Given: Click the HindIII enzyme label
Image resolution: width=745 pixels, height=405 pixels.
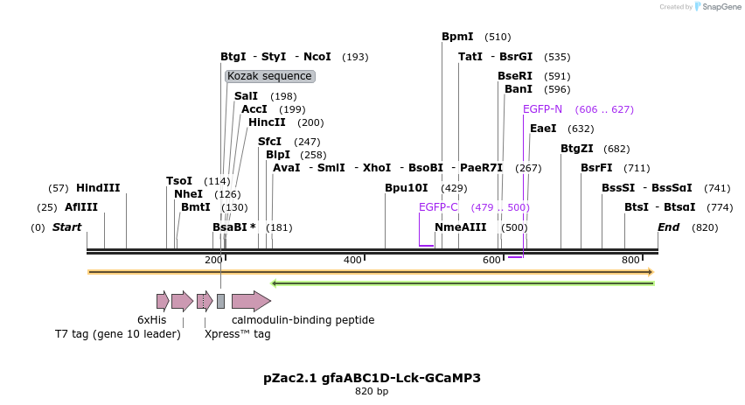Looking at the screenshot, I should [98, 188].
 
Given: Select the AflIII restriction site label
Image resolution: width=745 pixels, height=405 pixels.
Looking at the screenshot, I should [81, 207].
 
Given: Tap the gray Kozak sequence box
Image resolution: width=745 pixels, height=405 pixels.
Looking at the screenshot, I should [269, 77].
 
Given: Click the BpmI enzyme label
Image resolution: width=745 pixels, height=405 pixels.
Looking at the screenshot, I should [457, 37].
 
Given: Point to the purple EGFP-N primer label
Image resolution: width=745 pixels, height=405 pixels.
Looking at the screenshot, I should [542, 109].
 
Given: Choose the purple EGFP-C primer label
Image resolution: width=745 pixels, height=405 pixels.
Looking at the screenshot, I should [438, 207].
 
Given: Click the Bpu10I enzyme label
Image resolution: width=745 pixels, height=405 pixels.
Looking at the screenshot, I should [407, 188].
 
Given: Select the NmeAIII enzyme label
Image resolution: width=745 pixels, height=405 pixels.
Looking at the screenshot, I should [460, 227].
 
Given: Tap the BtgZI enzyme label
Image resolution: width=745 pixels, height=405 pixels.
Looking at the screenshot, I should [577, 149].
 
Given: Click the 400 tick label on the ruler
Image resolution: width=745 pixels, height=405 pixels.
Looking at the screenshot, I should [352, 261].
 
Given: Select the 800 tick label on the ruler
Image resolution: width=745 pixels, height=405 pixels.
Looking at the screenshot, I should [630, 261].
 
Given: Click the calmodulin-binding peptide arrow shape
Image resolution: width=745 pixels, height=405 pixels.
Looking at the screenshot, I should [251, 302].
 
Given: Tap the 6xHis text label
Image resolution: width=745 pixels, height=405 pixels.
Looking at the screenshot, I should [151, 320].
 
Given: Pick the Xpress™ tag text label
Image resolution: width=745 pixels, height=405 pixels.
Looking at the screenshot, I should [237, 333].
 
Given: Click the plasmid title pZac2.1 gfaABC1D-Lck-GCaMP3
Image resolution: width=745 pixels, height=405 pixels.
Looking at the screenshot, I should [372, 378].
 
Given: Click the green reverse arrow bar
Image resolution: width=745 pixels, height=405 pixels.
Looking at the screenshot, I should [463, 283].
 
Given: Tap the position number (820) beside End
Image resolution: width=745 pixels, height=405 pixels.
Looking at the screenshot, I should [705, 227].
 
